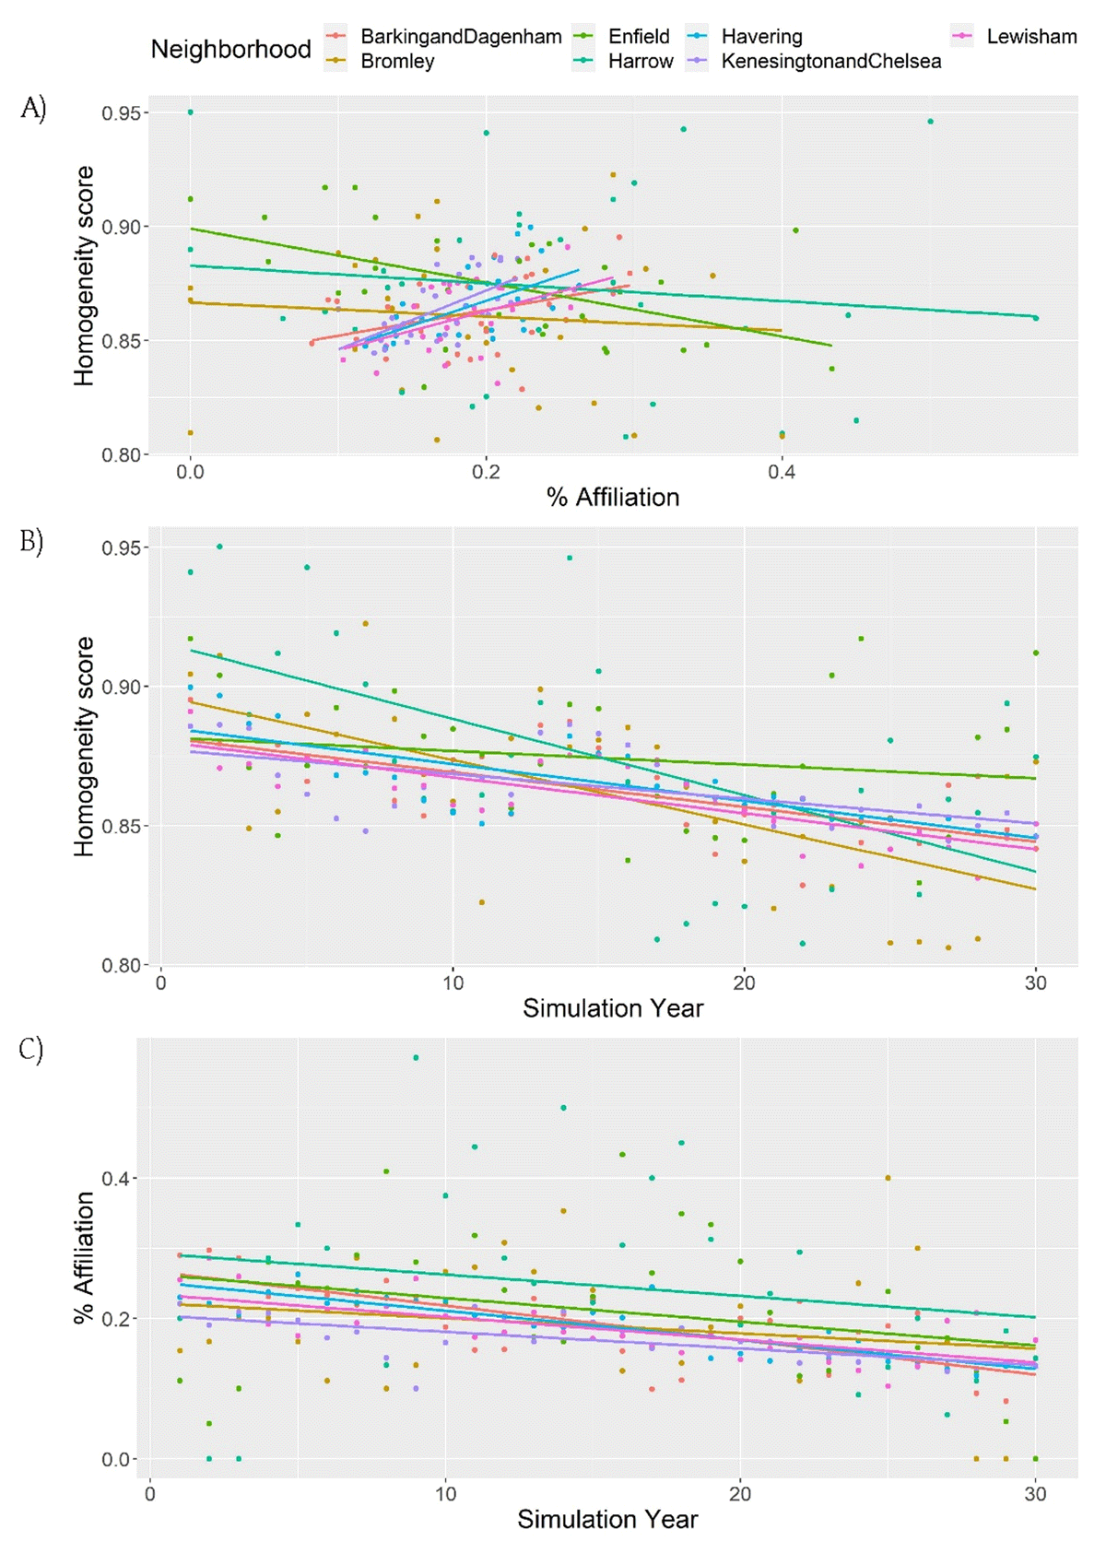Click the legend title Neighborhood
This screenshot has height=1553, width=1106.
pos(230,50)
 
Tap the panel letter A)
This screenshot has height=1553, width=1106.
pos(33,109)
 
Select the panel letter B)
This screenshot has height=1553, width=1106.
pos(32,541)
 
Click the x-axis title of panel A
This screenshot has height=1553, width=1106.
pos(613,498)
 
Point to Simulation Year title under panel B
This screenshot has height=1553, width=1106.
pos(613,1008)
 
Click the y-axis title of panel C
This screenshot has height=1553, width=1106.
pos(85,1257)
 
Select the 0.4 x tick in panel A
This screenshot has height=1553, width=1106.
pos(782,472)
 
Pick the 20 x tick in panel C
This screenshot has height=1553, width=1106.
pos(740,1493)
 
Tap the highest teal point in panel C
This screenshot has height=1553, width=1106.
pos(416,1057)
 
